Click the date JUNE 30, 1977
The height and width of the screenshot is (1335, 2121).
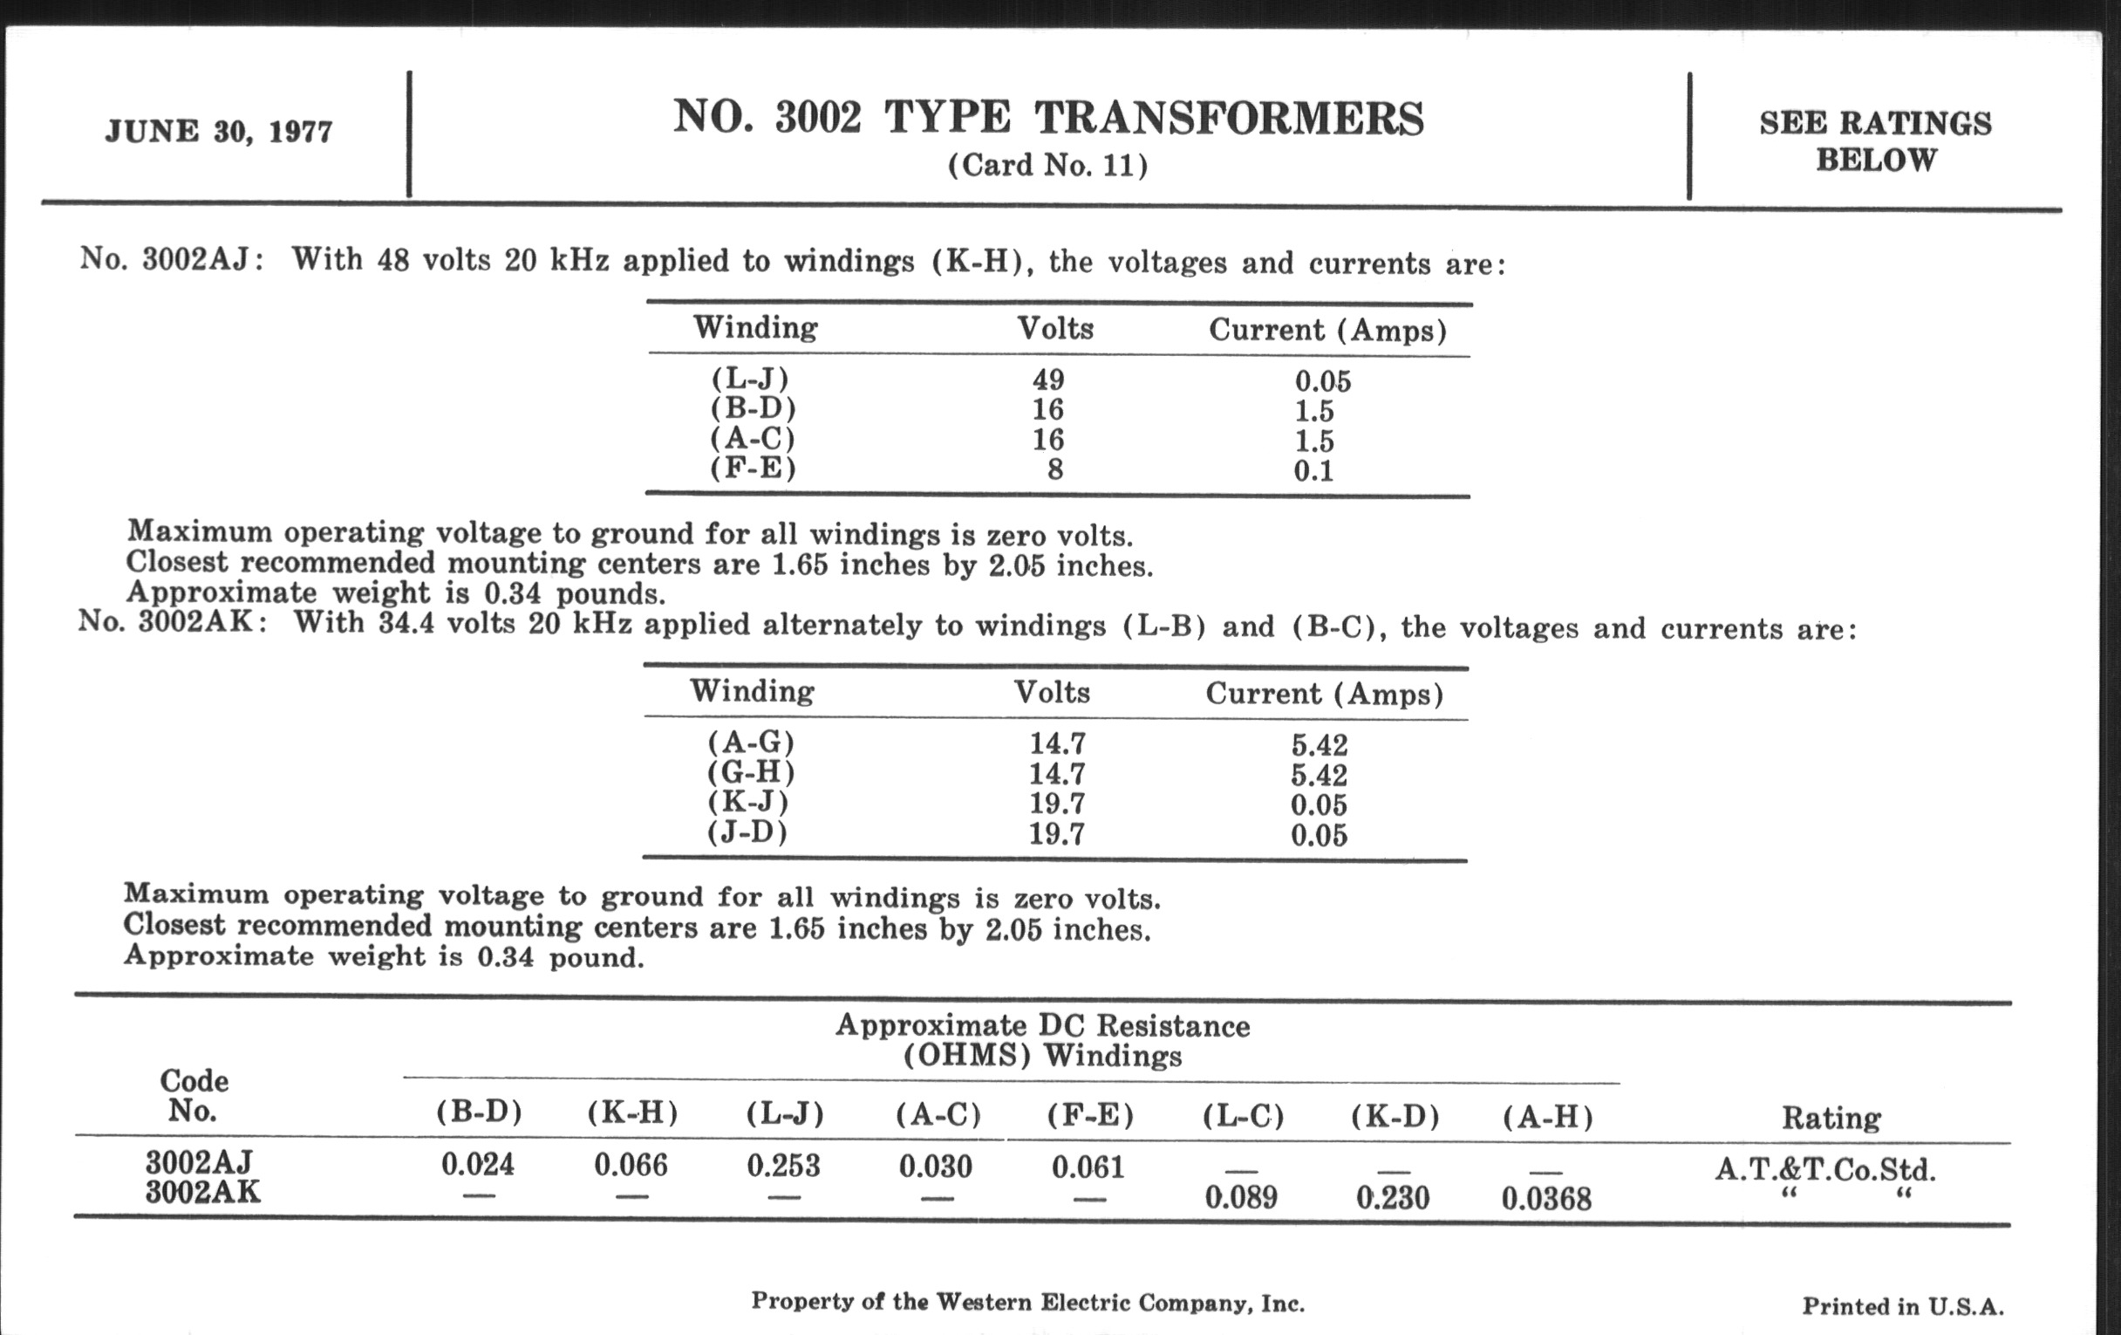[x=218, y=131]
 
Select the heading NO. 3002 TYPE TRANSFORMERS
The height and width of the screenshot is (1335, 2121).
[x=1047, y=118]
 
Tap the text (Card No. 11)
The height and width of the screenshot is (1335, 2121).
[x=1047, y=166]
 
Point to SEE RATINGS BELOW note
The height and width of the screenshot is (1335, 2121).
[x=1875, y=141]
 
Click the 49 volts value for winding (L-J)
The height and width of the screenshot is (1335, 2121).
[x=1048, y=380]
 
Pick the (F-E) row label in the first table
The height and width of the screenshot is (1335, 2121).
[x=754, y=468]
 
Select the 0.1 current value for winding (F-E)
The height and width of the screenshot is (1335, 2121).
[x=1313, y=470]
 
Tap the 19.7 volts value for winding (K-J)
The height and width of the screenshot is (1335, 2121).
[x=1057, y=804]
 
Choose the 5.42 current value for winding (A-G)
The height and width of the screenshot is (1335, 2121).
[x=1320, y=745]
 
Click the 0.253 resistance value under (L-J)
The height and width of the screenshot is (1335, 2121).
[x=783, y=1166]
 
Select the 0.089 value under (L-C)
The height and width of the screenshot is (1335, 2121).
[x=1240, y=1197]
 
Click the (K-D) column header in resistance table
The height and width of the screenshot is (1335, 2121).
[x=1395, y=1118]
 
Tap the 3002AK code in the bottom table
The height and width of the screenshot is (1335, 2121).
[x=202, y=1192]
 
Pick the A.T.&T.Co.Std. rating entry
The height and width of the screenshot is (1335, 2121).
[x=1826, y=1169]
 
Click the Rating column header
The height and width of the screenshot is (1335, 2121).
[x=1831, y=1119]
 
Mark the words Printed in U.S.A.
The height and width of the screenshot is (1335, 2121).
[x=1903, y=1306]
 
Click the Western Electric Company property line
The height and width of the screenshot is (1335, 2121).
[x=1027, y=1303]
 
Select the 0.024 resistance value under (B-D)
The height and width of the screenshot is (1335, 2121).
[x=477, y=1165]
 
